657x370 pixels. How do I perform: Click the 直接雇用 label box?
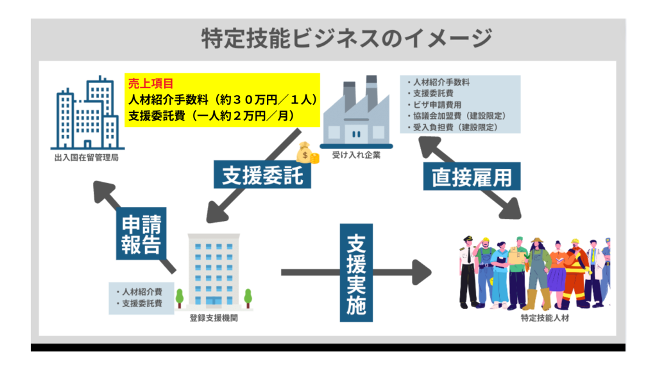coord(472,175)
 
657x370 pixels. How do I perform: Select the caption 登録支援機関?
coord(214,317)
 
